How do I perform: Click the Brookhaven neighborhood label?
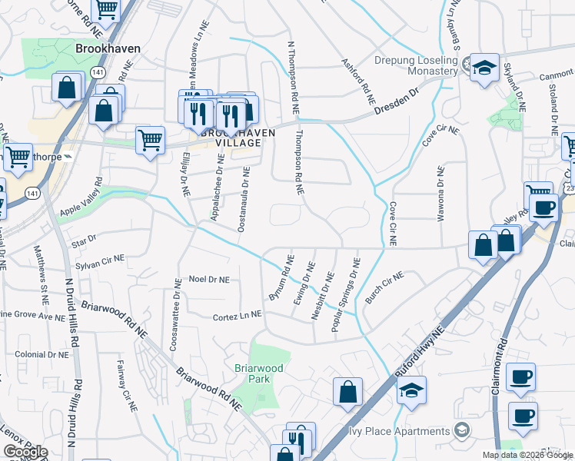tap(108, 48)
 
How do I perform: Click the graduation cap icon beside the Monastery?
tap(484, 68)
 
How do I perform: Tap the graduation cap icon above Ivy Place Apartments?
tap(412, 391)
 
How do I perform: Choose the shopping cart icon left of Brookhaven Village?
tap(151, 140)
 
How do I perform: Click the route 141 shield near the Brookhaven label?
tap(98, 71)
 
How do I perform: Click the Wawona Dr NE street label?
tap(441, 194)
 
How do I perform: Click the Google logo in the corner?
tap(25, 453)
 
